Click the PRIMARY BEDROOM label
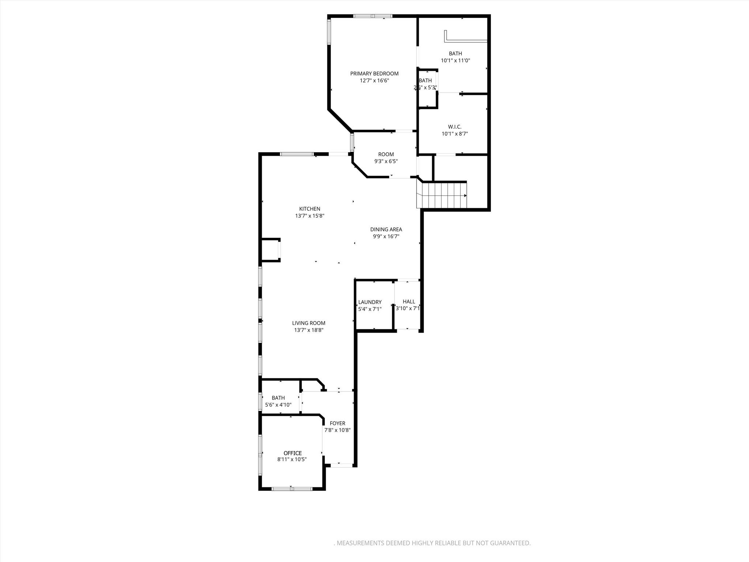pos(374,74)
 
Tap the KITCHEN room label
pos(310,209)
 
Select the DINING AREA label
pos(386,229)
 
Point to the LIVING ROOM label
pos(309,323)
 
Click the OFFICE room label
pos(293,453)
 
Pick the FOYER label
pos(337,423)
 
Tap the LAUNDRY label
pos(370,302)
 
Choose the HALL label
pos(409,301)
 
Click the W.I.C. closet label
pos(455,127)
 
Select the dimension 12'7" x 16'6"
pos(374,80)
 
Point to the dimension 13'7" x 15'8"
pos(310,216)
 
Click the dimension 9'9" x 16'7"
pos(386,236)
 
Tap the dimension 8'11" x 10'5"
pos(292,460)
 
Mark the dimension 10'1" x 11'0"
pos(455,60)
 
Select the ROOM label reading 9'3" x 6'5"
pos(386,154)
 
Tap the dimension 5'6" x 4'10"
pos(278,405)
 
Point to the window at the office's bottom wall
pos(292,488)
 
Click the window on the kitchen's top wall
pos(297,154)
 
